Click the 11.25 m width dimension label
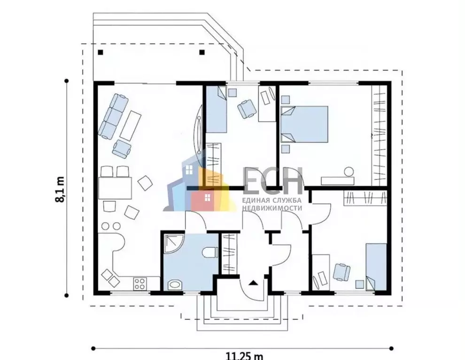pos(245,355)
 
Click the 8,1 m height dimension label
pos(60,189)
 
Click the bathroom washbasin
pos(175,285)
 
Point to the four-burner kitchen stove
pos(139,283)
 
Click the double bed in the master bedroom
pos(304,124)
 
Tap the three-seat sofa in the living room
pos(113,116)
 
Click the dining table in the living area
pos(115,188)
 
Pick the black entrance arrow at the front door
pos(253,283)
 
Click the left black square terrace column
pos(101,53)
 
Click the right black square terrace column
pos(202,53)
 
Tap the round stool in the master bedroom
pos(349,172)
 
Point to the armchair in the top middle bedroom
pos(247,108)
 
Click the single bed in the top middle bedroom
pos(217,109)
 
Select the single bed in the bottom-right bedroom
pos(376,267)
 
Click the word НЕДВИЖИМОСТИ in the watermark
pos(272,208)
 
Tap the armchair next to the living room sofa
pos(122,148)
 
